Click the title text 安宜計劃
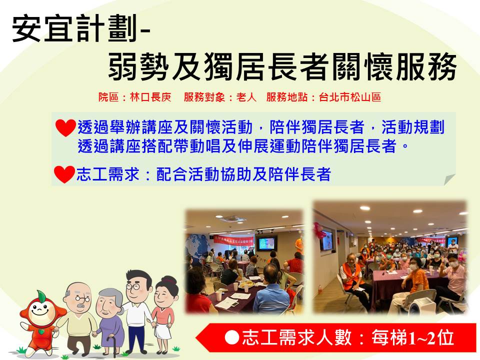coord(74,28)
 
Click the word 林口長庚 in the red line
coord(150,97)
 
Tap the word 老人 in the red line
coord(246,97)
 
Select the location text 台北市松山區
coord(350,97)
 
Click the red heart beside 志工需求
coord(64,174)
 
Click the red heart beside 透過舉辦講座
coord(65,127)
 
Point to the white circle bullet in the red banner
coord(231,337)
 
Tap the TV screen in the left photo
coord(266,243)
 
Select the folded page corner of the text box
coord(449,179)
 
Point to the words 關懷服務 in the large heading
coord(394,66)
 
